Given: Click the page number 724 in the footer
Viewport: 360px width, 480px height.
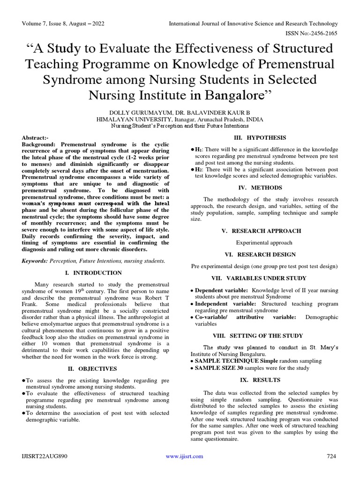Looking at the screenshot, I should (x=331, y=456).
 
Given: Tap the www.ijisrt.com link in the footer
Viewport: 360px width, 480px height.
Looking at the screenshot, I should (x=185, y=456).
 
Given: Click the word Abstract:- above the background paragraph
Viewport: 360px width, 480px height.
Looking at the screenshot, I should (x=36, y=138).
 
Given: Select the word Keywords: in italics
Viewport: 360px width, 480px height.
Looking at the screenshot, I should (x=36, y=261).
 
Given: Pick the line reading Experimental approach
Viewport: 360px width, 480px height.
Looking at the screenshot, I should (x=264, y=243).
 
